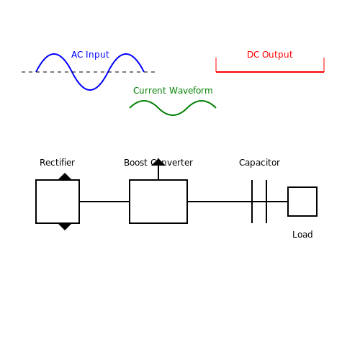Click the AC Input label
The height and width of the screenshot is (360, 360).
[x=90, y=55]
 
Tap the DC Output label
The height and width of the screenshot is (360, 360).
[x=270, y=55]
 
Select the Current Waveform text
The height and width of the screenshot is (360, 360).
[x=173, y=91]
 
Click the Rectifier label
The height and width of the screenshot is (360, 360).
[x=57, y=163]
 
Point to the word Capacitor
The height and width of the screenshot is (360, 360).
[x=259, y=163]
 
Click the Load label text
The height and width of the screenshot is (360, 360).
[x=302, y=235]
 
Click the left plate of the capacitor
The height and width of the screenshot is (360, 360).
[x=252, y=202]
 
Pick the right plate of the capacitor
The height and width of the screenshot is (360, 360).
[x=266, y=202]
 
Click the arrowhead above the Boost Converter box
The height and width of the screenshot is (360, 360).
[x=158, y=162]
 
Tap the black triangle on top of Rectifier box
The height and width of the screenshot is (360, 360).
[x=65, y=177]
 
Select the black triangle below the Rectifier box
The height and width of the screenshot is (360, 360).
[x=65, y=226]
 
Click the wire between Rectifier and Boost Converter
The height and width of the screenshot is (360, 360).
[x=104, y=202]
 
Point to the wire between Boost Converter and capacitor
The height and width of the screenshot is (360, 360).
[x=220, y=202]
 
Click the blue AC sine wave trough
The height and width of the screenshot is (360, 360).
[x=90, y=90]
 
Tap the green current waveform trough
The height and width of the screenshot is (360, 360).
[x=173, y=115]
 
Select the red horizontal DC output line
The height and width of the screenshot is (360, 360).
[x=270, y=72]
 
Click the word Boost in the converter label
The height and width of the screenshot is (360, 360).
[x=135, y=163]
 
